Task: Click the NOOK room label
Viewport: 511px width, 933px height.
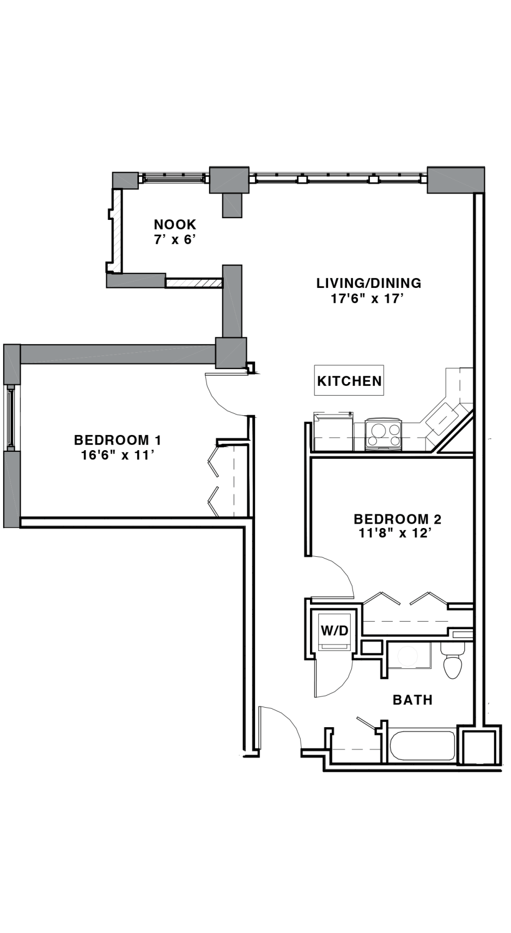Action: click(175, 224)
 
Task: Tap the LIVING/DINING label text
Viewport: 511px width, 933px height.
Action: click(369, 283)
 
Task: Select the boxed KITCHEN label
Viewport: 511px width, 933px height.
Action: click(349, 380)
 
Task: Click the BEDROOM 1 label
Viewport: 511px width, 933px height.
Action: click(118, 440)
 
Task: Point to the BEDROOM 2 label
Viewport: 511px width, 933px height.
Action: click(397, 519)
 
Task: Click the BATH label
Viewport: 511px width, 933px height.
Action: click(412, 700)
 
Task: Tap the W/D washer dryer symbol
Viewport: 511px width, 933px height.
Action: click(334, 630)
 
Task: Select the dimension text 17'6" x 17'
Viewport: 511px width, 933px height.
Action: click(368, 299)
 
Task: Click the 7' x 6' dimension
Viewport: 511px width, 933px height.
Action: click(175, 240)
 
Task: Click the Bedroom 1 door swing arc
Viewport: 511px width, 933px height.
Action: click(219, 401)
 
